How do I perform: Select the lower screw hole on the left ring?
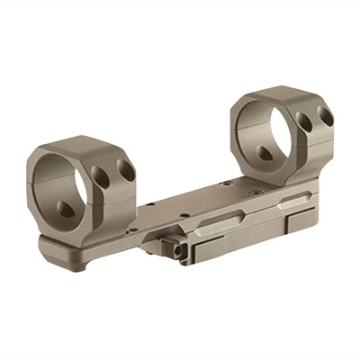(x=68, y=209)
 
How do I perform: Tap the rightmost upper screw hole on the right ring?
(x=326, y=116)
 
